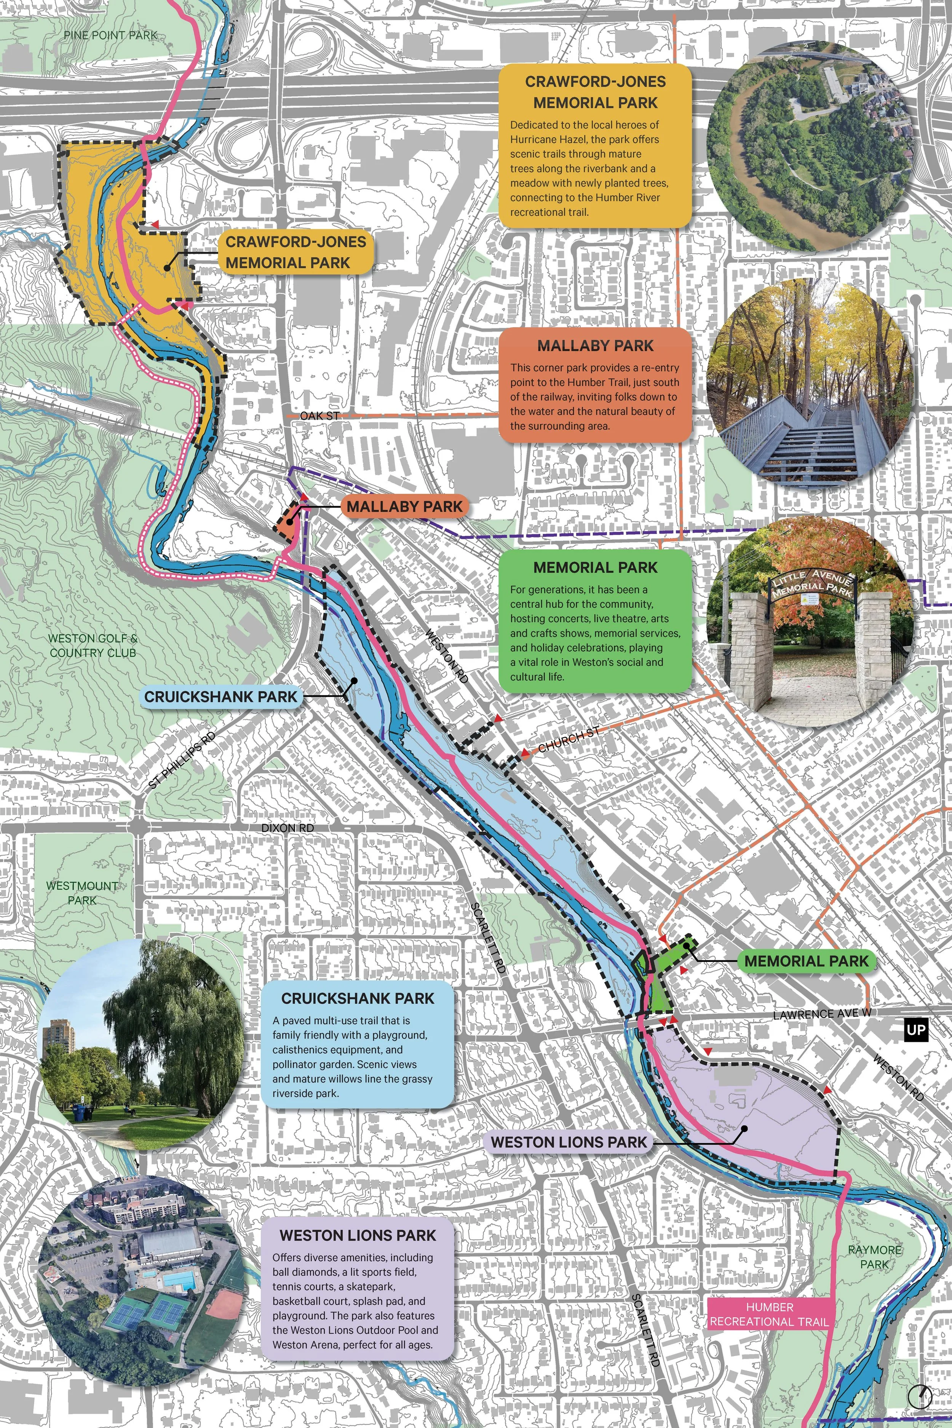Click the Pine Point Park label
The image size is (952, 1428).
[x=110, y=35]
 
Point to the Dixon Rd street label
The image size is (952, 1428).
[x=287, y=828]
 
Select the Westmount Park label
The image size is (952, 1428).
[x=82, y=893]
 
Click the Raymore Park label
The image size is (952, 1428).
[x=874, y=1257]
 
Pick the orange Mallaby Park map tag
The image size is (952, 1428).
[x=404, y=506]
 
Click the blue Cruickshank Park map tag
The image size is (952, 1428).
[x=221, y=696]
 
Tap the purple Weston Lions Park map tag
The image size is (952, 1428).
[x=569, y=1142]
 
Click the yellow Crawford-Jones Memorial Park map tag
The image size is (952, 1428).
[x=296, y=252]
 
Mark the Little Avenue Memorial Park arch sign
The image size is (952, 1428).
[x=812, y=581]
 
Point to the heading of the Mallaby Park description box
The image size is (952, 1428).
[x=595, y=345]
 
